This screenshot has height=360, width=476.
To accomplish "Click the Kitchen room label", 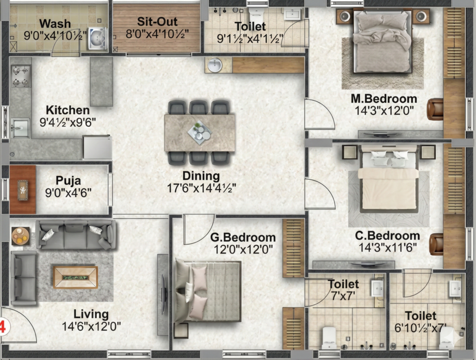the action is pyautogui.click(x=68, y=110).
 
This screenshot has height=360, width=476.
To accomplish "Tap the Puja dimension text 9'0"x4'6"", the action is pyautogui.click(x=68, y=193).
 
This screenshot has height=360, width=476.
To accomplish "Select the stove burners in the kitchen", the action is pyautogui.click(x=21, y=77).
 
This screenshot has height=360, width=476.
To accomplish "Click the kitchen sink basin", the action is pyautogui.click(x=20, y=128).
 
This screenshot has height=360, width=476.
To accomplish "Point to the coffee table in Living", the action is pyautogui.click(x=76, y=277).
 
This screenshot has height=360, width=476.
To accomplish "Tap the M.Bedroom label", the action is pyautogui.click(x=384, y=98).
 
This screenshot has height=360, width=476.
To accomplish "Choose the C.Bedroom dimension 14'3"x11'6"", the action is pyautogui.click(x=388, y=248).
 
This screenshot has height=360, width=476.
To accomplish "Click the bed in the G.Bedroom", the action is pyautogui.click(x=207, y=290).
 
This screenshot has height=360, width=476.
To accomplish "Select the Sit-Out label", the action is pyautogui.click(x=157, y=21).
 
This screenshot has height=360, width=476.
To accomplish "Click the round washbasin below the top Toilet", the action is pyautogui.click(x=215, y=65).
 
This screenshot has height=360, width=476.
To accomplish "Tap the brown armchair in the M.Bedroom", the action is pyautogui.click(x=435, y=109).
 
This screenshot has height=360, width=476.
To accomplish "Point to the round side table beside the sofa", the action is pyautogui.click(x=20, y=236).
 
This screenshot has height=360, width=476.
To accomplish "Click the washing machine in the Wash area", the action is pyautogui.click(x=98, y=39).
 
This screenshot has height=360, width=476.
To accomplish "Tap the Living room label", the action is pyautogui.click(x=91, y=314).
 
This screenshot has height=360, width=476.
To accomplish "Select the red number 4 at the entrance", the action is pyautogui.click(x=2, y=327).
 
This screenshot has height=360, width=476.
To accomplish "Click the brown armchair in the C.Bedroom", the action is pyautogui.click(x=436, y=244).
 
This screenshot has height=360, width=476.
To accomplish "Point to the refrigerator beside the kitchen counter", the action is pyautogui.click(x=98, y=147).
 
